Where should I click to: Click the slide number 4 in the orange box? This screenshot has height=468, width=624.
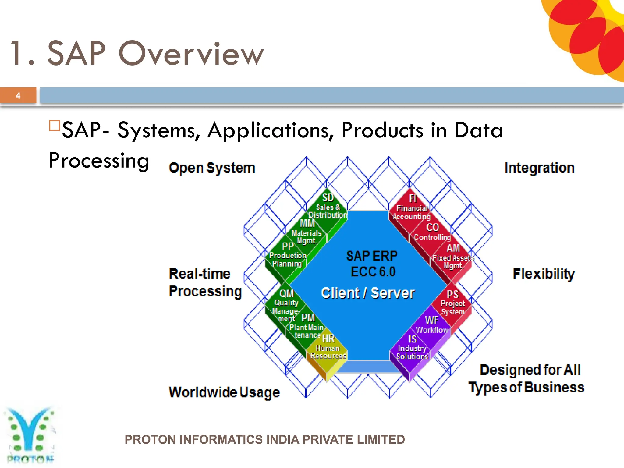click(18, 96)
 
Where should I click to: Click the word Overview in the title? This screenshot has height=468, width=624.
click(191, 54)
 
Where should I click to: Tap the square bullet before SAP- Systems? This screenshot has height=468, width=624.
click(54, 126)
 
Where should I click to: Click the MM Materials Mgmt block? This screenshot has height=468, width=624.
click(307, 232)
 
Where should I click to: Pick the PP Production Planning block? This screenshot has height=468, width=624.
click(287, 255)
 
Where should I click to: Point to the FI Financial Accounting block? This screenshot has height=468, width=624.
click(412, 208)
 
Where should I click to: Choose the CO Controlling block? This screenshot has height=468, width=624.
click(432, 232)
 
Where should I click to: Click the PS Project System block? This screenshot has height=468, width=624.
click(452, 303)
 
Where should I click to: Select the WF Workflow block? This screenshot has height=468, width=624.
click(431, 325)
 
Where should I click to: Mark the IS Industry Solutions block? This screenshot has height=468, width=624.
click(412, 348)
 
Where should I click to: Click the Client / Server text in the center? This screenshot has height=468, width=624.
click(368, 293)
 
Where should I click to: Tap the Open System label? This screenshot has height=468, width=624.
click(212, 168)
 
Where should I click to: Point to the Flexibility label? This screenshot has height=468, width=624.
click(544, 274)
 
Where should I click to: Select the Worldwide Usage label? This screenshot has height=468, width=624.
click(224, 392)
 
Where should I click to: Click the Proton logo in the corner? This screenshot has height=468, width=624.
click(30, 434)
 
